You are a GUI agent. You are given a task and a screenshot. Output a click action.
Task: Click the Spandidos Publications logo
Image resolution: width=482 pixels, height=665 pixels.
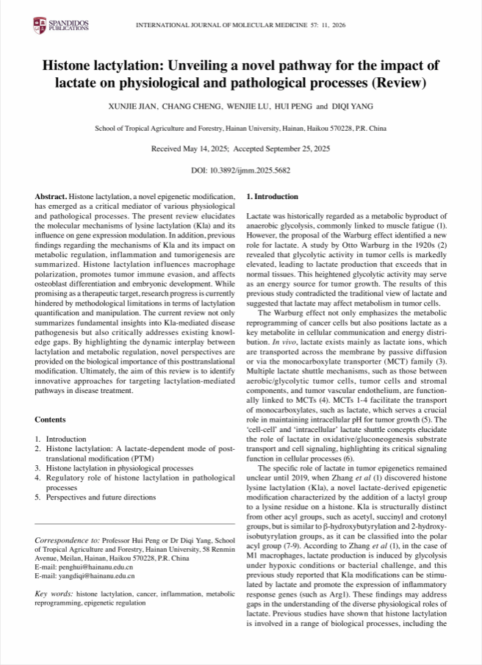(x=60, y=26)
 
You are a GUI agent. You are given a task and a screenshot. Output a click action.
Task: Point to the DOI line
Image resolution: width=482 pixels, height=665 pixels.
(x=240, y=170)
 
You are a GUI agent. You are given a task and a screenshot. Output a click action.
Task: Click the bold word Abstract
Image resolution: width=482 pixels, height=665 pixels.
(x=51, y=197)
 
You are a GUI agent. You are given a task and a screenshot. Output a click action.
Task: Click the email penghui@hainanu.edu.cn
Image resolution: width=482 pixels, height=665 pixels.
(x=92, y=568)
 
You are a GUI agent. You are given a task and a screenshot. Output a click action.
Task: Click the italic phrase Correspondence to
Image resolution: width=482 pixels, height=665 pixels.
(x=66, y=539)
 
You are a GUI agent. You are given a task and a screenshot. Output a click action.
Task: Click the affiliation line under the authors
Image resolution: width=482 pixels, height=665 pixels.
(x=240, y=128)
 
